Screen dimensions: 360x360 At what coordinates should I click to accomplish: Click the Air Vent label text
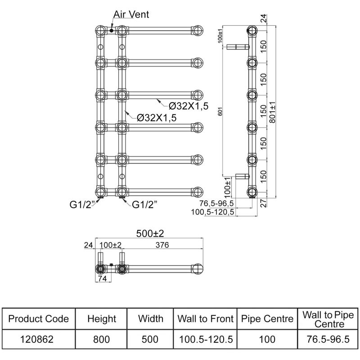tap(131, 15)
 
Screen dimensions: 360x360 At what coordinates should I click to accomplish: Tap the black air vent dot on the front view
tap(111, 31)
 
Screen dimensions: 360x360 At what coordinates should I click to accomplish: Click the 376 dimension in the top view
tap(162, 246)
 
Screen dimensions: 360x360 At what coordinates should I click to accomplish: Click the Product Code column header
tap(39, 319)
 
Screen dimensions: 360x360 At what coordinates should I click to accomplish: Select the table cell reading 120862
tap(39, 339)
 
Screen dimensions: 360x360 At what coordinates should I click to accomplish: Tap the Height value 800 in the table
tap(101, 339)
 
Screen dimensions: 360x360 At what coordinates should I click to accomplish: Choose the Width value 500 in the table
tap(150, 339)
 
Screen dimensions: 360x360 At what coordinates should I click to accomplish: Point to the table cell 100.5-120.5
tap(205, 339)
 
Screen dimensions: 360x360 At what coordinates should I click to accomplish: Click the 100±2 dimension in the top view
tap(110, 246)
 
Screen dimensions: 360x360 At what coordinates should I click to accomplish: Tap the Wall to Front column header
tap(205, 319)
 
